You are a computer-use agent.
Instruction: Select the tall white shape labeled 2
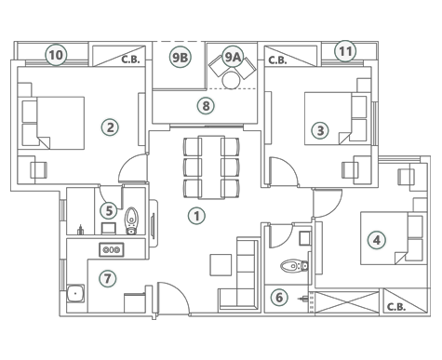pyautogui.click(x=110, y=140)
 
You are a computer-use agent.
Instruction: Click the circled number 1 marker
pyautogui.click(x=196, y=216)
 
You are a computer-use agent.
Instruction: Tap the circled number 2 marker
pyautogui.click(x=111, y=127)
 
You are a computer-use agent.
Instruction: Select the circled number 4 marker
pyautogui.click(x=376, y=240)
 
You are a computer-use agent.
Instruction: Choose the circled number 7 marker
pyautogui.click(x=107, y=278)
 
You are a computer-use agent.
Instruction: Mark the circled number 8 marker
pyautogui.click(x=206, y=106)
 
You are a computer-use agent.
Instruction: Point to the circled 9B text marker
pyautogui.click(x=181, y=58)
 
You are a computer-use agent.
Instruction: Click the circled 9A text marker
pyautogui.click(x=232, y=58)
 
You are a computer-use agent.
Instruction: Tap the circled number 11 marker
pyautogui.click(x=345, y=51)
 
